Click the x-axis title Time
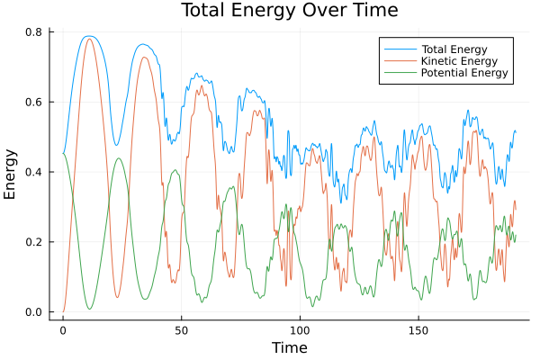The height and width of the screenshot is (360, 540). pyautogui.click(x=290, y=347)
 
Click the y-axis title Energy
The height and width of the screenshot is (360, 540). pyautogui.click(x=12, y=173)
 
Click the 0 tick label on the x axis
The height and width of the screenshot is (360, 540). pyautogui.click(x=63, y=329)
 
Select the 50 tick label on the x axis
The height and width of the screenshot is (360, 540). pyautogui.click(x=181, y=329)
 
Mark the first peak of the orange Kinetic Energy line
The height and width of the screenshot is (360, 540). pyautogui.click(x=88, y=39)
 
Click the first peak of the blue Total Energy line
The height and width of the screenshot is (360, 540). pyautogui.click(x=88, y=36)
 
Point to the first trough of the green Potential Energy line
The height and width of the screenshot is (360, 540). pyautogui.click(x=89, y=309)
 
